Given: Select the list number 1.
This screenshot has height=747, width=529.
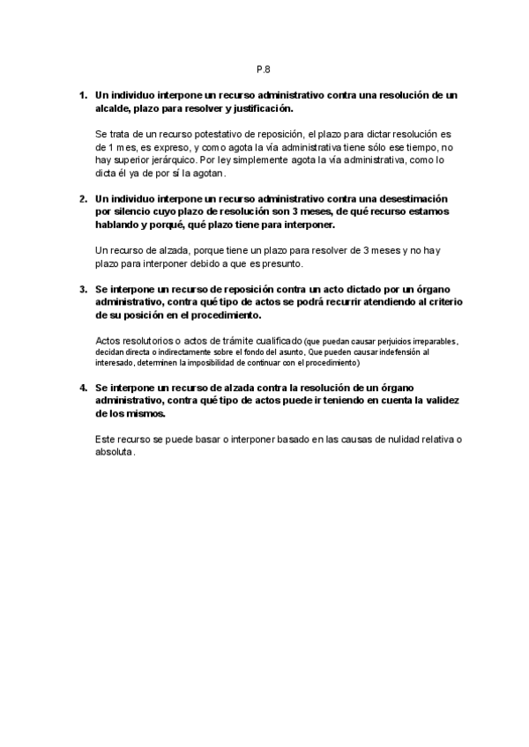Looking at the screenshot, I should click(x=83, y=94).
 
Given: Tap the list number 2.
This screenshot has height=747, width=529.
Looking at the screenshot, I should click(x=83, y=199).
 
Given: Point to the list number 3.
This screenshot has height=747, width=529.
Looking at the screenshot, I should click(x=83, y=288).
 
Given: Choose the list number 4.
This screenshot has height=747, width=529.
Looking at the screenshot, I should click(x=83, y=387).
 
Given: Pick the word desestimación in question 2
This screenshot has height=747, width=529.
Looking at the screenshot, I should click(x=415, y=199).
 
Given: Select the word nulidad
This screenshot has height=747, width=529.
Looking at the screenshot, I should click(x=389, y=439).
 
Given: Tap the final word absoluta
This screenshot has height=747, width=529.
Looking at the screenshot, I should click(x=113, y=451).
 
